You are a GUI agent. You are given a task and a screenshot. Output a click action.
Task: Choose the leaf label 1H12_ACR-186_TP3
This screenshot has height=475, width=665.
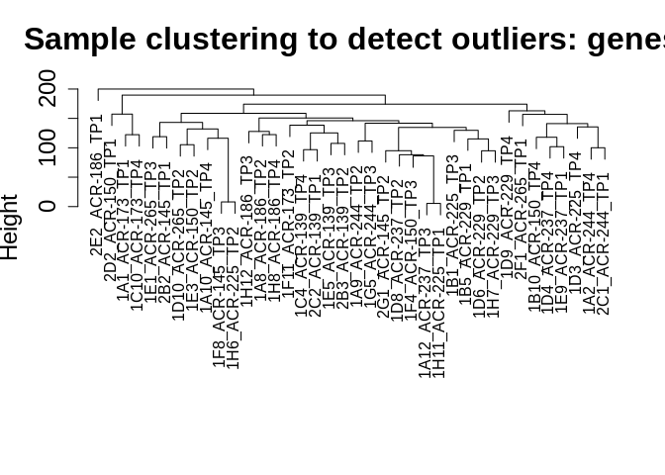point(247,231)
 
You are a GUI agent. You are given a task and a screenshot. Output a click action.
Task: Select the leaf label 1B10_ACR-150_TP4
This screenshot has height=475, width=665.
point(534,246)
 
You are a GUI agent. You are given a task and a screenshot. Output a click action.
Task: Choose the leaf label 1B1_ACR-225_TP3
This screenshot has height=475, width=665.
point(452,222)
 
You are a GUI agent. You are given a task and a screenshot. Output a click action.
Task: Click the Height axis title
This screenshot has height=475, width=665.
point(11,227)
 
